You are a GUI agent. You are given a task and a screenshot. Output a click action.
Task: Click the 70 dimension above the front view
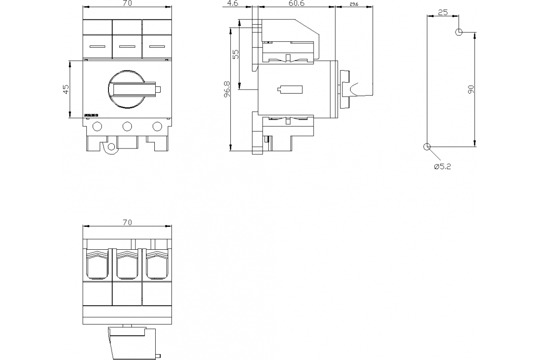click(127, 4)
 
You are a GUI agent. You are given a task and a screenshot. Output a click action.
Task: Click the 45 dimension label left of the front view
click(66, 89)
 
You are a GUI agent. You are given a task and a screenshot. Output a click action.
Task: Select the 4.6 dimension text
click(232, 4)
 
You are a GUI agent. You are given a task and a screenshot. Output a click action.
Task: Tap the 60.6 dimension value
click(297, 4)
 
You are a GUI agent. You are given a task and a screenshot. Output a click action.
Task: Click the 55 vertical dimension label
click(235, 54)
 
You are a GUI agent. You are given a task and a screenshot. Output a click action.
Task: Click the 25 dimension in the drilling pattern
click(443, 13)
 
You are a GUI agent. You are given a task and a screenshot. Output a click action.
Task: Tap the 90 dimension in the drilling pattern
click(471, 89)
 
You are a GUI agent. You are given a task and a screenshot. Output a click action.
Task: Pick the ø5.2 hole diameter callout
click(442, 166)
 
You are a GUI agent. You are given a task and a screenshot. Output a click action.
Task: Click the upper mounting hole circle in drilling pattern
click(459, 32)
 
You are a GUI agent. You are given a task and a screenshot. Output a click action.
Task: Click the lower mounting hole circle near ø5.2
click(427, 147)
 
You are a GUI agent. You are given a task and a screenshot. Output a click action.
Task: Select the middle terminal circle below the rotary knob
click(127, 126)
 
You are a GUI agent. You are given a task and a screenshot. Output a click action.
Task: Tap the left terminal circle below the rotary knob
click(97, 126)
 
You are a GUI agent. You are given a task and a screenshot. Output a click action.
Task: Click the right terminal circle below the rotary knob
click(157, 126)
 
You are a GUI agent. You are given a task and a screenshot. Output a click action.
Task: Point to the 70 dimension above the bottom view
click(127, 222)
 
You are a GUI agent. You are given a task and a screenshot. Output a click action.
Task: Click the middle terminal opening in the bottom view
click(127, 265)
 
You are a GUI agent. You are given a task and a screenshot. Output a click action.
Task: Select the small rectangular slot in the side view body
click(289, 89)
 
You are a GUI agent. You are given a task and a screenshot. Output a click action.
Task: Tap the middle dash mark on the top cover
click(127, 46)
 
